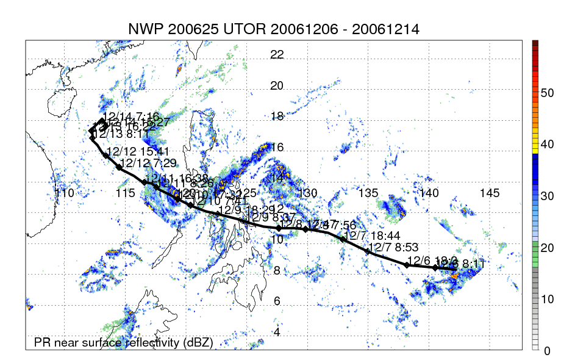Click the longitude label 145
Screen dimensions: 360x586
tap(490, 193)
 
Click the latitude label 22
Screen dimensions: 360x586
tap(277, 54)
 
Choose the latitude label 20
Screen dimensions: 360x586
tap(277, 85)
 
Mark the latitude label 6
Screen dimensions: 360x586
tap(277, 301)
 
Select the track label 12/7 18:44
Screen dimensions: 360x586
tap(363, 236)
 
